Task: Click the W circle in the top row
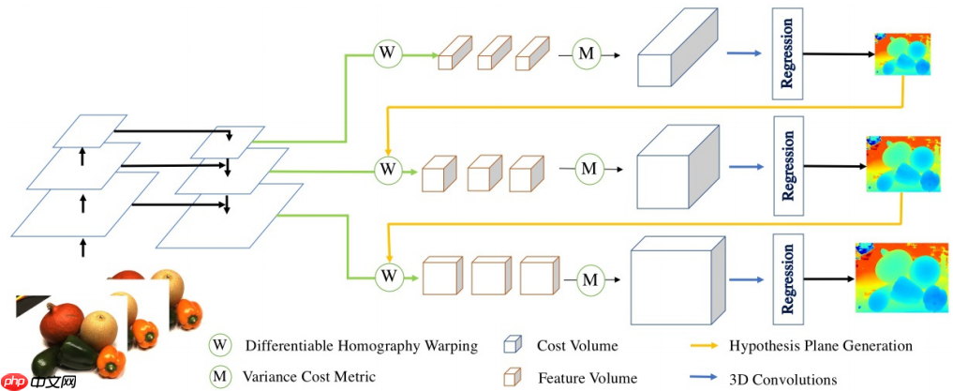[x=387, y=53]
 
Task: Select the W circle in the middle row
[x=387, y=170]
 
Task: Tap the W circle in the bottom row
[x=387, y=276]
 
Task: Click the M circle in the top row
[x=586, y=54]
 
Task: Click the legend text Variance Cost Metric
[x=308, y=377]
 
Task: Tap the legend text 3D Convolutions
[x=783, y=379]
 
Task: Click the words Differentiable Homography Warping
[x=361, y=346]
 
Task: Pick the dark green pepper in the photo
[x=54, y=360]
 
